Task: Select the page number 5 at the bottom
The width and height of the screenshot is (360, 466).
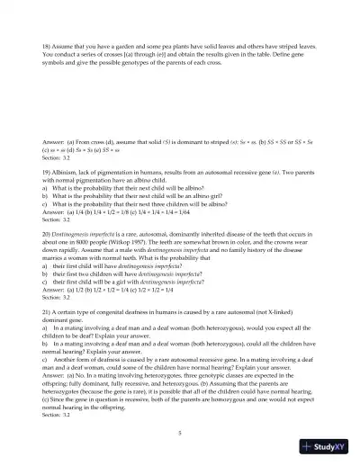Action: [x=180, y=434]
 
